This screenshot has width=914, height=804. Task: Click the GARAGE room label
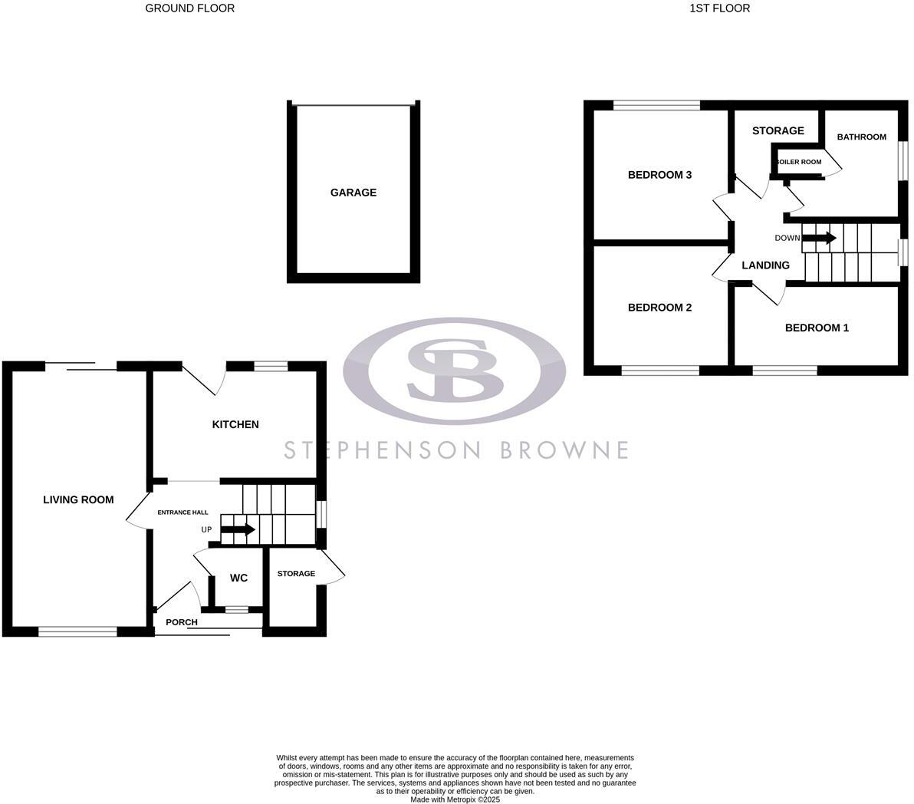353,193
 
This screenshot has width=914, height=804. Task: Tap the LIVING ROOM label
78,499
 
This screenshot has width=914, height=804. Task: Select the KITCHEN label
235,424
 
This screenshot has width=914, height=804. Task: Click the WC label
238,578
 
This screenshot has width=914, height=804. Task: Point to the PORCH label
182,622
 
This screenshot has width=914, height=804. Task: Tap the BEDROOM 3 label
659,175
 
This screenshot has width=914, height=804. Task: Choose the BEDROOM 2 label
659,308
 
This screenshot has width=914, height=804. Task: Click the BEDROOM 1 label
817,328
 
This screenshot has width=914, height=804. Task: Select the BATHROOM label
861,137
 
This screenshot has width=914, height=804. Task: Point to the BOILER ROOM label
799,162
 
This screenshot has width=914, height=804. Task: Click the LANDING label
765,265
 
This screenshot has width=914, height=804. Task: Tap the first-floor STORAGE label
778,131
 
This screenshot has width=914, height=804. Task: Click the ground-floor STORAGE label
296,574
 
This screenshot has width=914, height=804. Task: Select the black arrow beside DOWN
820,238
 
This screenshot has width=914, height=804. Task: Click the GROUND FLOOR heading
189,8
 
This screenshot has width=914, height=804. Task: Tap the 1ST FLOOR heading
718,8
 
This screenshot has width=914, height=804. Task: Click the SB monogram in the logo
455,371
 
